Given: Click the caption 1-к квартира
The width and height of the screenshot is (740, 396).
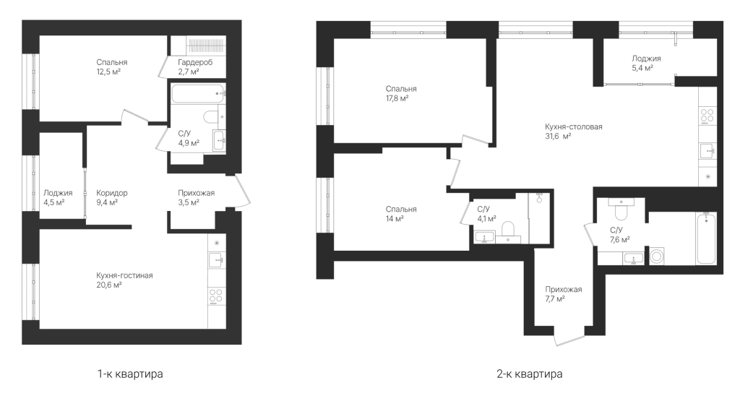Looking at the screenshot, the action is pyautogui.click(x=130, y=374).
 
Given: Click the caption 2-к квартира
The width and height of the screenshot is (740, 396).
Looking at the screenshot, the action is pyautogui.click(x=530, y=374).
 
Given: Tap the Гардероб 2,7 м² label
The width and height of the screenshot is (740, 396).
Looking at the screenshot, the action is pyautogui.click(x=195, y=67).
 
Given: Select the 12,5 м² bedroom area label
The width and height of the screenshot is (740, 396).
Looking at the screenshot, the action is pyautogui.click(x=112, y=67).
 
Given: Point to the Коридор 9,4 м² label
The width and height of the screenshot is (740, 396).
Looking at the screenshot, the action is pyautogui.click(x=112, y=198).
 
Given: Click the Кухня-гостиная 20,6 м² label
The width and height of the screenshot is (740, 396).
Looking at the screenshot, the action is pyautogui.click(x=124, y=280).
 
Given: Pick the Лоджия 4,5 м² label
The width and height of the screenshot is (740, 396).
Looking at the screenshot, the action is pyautogui.click(x=58, y=198).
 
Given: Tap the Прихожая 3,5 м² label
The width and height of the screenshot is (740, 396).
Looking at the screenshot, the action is pyautogui.click(x=197, y=198).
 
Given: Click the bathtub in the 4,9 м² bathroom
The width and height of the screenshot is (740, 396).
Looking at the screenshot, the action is pyautogui.click(x=198, y=93).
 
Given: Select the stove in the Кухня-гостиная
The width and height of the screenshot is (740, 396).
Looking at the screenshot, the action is pyautogui.click(x=215, y=296).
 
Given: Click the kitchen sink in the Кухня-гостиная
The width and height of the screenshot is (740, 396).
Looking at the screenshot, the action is pyautogui.click(x=215, y=261).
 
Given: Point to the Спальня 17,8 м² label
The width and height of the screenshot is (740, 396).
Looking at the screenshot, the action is pyautogui.click(x=401, y=93).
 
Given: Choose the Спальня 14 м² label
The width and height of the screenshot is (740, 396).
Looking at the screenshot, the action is pyautogui.click(x=401, y=214).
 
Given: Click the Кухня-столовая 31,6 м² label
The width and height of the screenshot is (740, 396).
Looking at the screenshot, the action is pyautogui.click(x=573, y=132).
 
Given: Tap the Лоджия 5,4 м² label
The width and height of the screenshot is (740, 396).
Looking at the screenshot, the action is pyautogui.click(x=647, y=64).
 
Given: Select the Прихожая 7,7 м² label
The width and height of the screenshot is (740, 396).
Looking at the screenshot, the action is pyautogui.click(x=564, y=294).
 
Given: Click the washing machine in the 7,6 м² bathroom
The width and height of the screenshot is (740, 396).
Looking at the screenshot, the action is pyautogui.click(x=656, y=257).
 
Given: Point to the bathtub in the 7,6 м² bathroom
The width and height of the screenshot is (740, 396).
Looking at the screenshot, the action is pyautogui.click(x=707, y=238).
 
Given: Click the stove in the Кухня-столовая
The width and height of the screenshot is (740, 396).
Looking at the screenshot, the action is pyautogui.click(x=707, y=116).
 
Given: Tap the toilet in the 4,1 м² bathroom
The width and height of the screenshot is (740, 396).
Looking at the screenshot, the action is pyautogui.click(x=508, y=231).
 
